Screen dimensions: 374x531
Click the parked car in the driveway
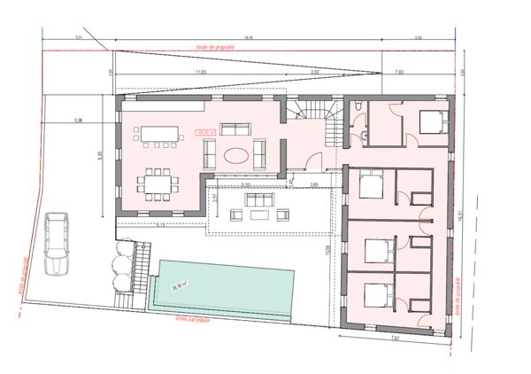[56, 243]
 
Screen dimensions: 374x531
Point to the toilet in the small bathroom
[355, 106]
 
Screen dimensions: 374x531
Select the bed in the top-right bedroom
[427, 121]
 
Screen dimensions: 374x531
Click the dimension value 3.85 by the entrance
[312, 183]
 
